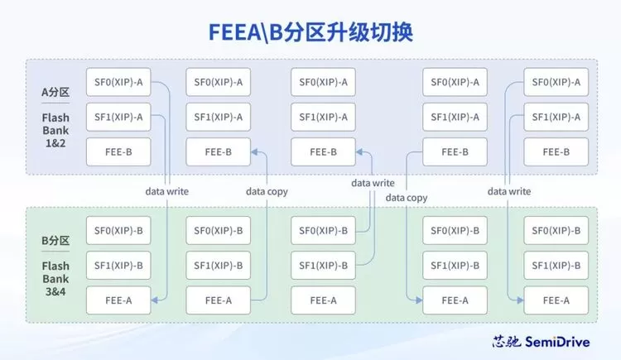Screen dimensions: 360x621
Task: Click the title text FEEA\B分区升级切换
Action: point(310,32)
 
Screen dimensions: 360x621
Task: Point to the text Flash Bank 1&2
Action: point(55,130)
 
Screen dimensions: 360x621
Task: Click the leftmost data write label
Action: point(166,191)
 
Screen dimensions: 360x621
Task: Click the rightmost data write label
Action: point(508,191)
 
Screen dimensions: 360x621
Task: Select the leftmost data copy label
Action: point(267,191)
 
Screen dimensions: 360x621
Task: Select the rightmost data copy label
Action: point(406,198)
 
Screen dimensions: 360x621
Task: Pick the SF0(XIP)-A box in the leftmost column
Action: point(118,82)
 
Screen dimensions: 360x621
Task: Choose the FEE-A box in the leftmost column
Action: point(118,300)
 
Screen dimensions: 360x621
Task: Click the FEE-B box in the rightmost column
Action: point(556,151)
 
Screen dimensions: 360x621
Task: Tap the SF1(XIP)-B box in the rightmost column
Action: point(556,266)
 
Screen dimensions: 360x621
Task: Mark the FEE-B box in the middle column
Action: point(323,151)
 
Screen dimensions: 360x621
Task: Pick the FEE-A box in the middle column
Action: point(323,300)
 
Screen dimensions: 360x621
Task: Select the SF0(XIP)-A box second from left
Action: point(218,82)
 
